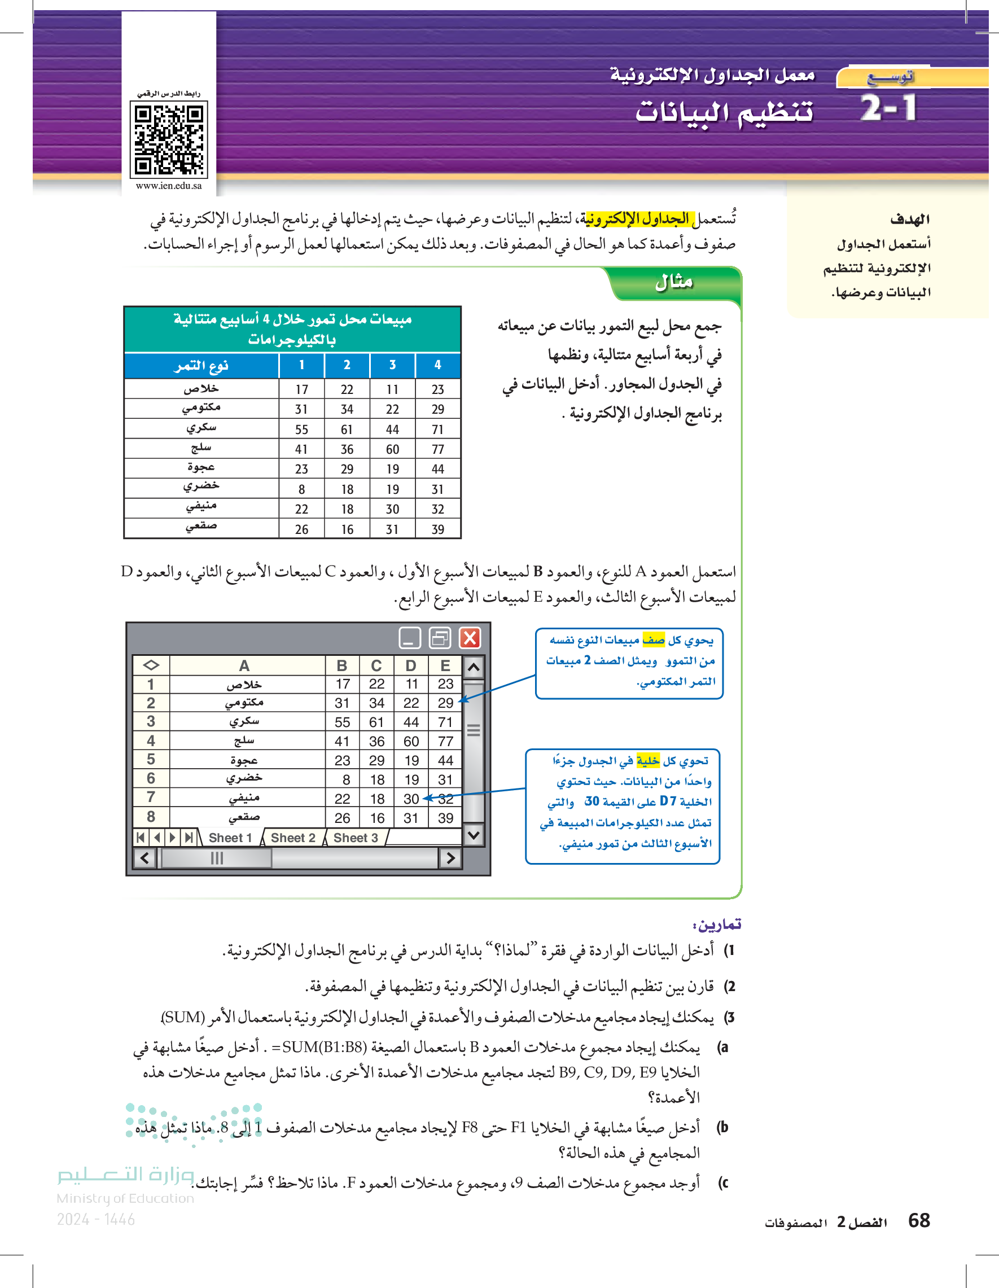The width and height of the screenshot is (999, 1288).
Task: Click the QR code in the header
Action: coord(169,140)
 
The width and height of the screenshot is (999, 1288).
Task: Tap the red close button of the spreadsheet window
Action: coord(470,638)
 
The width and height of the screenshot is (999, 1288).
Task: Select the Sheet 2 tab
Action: coord(292,838)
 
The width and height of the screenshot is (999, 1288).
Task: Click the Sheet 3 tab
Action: coord(356,838)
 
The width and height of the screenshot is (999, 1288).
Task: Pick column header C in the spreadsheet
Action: coord(376,666)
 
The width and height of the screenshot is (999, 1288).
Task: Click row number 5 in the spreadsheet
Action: coord(151,760)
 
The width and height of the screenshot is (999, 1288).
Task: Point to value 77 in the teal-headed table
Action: coord(437,449)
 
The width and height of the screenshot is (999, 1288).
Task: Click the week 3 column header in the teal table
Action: coord(392,365)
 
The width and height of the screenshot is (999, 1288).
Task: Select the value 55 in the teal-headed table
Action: coord(301,430)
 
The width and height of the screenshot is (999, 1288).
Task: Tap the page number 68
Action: coord(919,1220)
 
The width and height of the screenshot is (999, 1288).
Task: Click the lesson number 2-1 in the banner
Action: coord(888,108)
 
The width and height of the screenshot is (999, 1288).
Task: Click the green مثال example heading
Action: coord(673,282)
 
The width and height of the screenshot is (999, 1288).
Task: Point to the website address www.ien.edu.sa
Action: coord(169,186)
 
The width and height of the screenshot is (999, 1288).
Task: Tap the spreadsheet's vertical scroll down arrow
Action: coord(474,835)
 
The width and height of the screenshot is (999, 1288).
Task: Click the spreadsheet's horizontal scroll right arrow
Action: coord(450,858)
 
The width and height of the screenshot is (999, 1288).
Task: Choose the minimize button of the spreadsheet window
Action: coord(410,638)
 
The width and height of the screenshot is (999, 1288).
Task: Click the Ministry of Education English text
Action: coord(125,1198)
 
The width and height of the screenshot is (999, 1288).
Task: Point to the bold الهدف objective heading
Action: coord(909,220)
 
